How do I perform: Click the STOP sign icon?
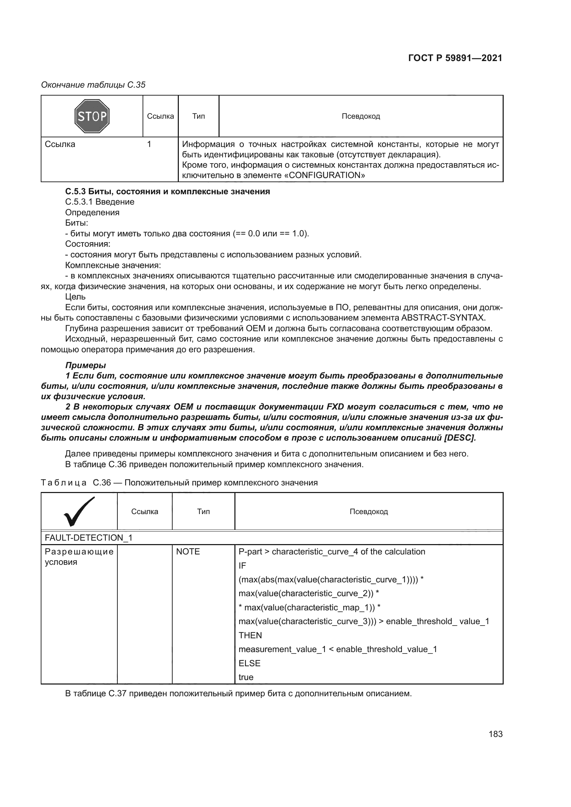click(92, 116)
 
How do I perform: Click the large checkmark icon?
click(79, 511)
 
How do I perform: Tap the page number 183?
click(495, 734)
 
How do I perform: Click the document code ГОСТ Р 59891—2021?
click(455, 58)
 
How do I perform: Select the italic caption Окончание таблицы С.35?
click(93, 85)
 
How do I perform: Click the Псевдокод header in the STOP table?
click(361, 116)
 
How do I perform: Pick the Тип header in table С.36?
click(203, 511)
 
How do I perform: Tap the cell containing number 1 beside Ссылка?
click(149, 144)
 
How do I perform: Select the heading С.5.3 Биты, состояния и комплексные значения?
click(167, 191)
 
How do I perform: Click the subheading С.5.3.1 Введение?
click(100, 202)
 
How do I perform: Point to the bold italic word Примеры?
click(85, 365)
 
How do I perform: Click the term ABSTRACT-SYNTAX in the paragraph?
click(443, 318)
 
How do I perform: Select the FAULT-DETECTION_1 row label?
click(89, 538)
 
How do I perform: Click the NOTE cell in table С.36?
click(188, 552)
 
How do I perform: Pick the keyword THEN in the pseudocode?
click(250, 636)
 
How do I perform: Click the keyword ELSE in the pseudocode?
click(249, 663)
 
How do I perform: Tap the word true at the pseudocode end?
click(246, 677)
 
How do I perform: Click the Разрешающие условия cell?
click(79, 557)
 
